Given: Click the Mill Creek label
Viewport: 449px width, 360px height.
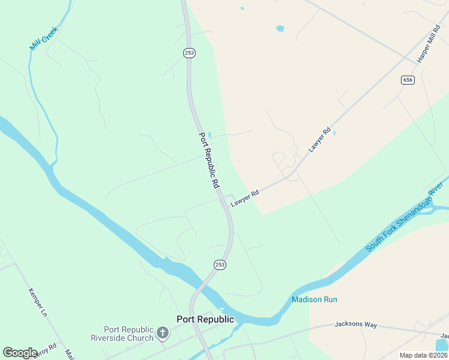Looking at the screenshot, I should click(44, 38).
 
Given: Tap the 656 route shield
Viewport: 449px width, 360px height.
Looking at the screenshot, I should click(408, 80).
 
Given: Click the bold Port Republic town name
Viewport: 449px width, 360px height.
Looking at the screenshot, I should click(205, 319).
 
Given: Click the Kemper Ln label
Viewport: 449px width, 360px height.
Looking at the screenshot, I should click(37, 304).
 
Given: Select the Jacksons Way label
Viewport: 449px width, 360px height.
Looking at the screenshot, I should click(356, 325).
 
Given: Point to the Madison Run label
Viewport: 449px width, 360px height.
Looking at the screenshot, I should click(315, 299).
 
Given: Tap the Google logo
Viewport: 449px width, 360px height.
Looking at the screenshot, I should click(20, 352).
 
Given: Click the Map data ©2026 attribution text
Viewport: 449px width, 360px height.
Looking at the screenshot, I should click(423, 355).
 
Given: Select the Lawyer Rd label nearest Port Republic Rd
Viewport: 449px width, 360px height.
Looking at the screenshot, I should click(245, 199).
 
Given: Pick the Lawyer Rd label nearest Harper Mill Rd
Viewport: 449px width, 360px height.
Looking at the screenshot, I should click(319, 139).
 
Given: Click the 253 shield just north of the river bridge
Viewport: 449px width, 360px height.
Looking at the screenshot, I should click(220, 265).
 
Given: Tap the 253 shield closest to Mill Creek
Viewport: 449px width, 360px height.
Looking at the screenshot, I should click(188, 53).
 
